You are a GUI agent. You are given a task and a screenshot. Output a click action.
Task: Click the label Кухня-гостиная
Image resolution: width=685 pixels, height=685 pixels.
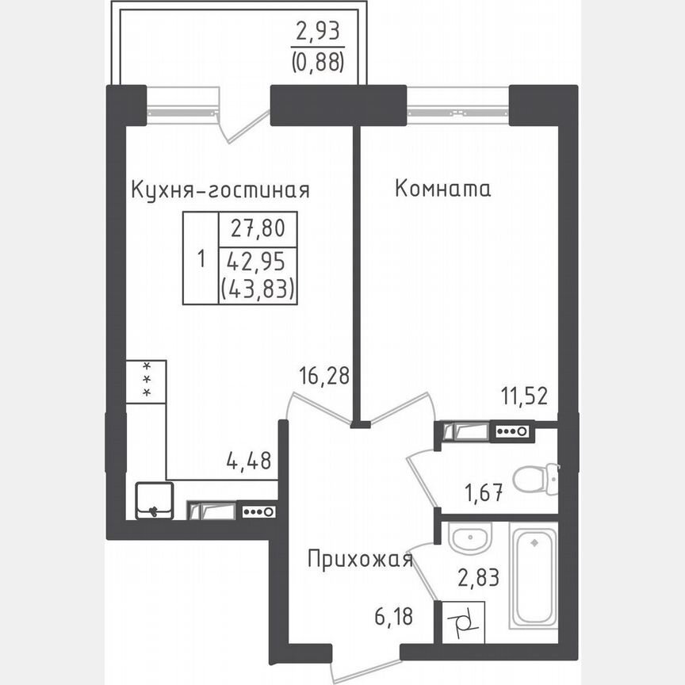pyautogui.click(x=220, y=191)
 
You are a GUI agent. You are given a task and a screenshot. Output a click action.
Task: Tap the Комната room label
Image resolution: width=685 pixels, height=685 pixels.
pyautogui.click(x=442, y=189)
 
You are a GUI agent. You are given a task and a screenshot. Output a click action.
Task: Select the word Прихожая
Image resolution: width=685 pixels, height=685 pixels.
pyautogui.click(x=361, y=561)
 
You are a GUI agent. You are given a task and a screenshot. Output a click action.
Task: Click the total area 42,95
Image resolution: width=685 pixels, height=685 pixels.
pyautogui.click(x=258, y=261)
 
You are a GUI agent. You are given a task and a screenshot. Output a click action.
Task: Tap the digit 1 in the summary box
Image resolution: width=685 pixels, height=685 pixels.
pyautogui.click(x=201, y=258)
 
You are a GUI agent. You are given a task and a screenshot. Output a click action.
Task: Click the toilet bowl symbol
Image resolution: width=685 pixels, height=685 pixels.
pyautogui.click(x=534, y=479)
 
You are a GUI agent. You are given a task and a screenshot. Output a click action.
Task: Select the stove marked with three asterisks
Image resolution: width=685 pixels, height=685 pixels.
pyautogui.click(x=146, y=381)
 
